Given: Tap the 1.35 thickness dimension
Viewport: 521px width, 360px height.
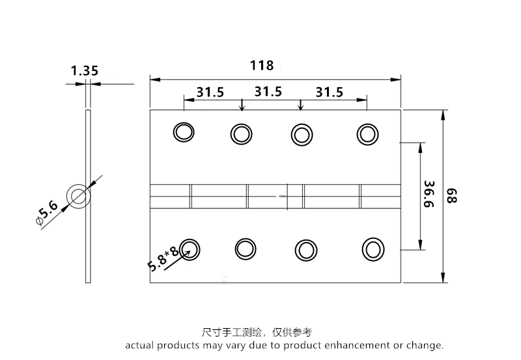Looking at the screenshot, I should tap(85, 70).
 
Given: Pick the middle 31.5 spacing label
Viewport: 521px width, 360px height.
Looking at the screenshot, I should tap(268, 92).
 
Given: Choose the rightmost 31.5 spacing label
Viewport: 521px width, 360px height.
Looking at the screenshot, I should tap(329, 92).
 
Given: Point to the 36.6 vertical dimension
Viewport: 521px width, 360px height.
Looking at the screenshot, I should tap(429, 195).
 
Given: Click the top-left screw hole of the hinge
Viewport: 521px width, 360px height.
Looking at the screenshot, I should tap(184, 132).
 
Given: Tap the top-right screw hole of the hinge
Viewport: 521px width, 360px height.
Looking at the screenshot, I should tap(367, 134).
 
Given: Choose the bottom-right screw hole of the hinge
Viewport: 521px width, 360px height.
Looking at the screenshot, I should tap(373, 249).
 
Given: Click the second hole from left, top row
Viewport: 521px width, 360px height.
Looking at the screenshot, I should tap(241, 134).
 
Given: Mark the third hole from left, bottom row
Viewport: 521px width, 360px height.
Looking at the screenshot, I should tap(305, 250).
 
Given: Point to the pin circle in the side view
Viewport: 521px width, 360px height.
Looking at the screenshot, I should tap(78, 196).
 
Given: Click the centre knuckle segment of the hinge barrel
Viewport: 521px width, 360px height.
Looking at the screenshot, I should tap(274, 196).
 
